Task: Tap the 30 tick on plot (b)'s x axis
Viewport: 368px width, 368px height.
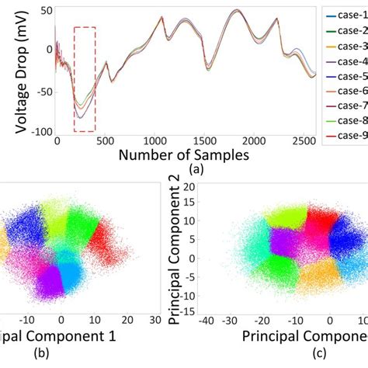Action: (154, 319)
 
